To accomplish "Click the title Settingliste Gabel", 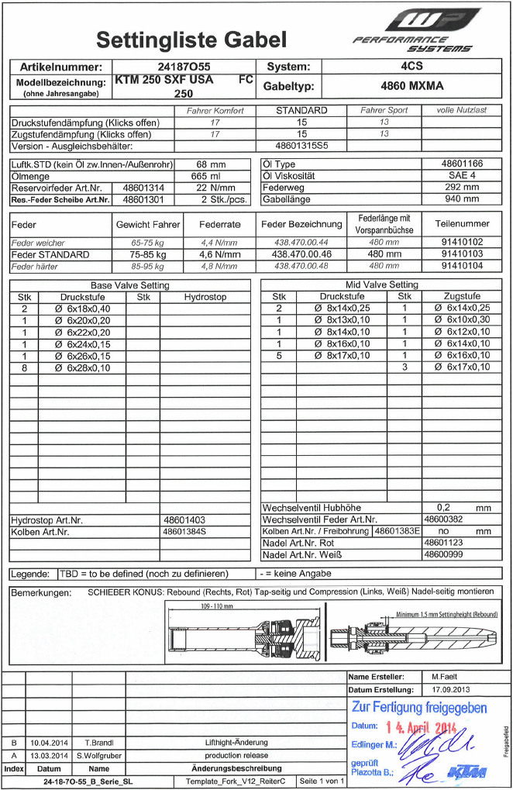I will [191, 40].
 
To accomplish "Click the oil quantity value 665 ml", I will [212, 176].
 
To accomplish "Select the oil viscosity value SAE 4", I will [461, 176].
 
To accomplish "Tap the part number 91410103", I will [461, 254].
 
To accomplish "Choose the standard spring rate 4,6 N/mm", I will [217, 254].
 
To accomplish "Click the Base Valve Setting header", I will [129, 285].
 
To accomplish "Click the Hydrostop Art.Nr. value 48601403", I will [184, 520].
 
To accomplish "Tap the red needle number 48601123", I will [443, 543].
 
